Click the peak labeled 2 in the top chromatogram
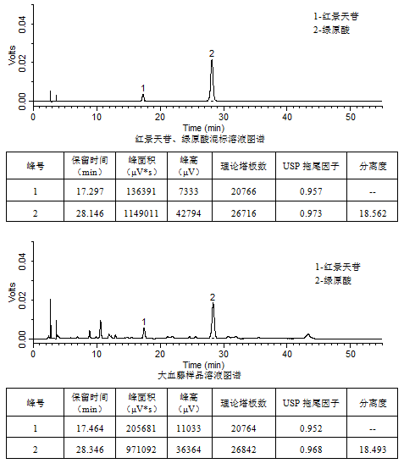click(x=212, y=80)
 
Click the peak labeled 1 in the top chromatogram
click(x=143, y=98)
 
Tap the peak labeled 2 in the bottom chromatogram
click(x=213, y=321)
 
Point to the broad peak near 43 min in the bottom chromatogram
click(x=308, y=336)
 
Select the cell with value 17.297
click(x=90, y=191)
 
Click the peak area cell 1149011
click(x=141, y=213)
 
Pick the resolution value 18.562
click(x=373, y=213)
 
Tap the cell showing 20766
click(x=244, y=191)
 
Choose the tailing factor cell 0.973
click(x=311, y=213)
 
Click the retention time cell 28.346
click(x=90, y=450)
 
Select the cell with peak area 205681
click(x=141, y=428)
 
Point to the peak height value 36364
click(x=189, y=450)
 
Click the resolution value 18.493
click(x=373, y=450)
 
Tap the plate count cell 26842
click(x=244, y=450)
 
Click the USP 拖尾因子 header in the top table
click(x=311, y=166)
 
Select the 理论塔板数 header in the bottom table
click(x=244, y=403)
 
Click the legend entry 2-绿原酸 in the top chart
click(x=331, y=30)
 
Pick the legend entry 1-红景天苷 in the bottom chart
click(x=338, y=267)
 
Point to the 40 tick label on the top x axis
click(x=287, y=117)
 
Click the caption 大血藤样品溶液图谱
click(x=199, y=375)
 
